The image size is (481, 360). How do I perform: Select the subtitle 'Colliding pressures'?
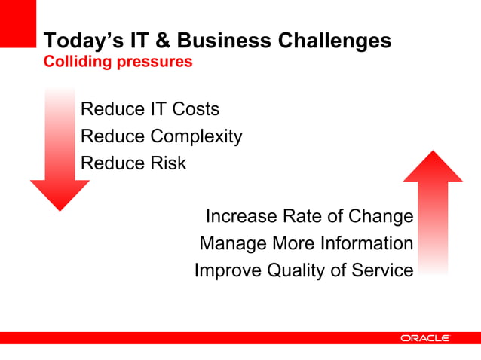coord(118,62)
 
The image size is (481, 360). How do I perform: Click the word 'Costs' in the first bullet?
coord(195,109)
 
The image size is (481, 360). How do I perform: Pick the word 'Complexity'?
coord(196,136)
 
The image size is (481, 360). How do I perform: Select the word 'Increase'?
coord(241,217)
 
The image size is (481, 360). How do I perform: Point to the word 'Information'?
coord(366,244)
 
